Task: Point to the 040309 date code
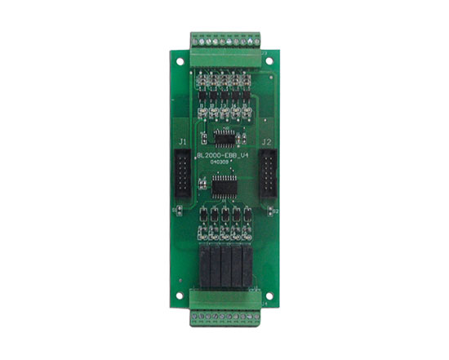click(219, 162)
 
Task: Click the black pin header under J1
click(182, 173)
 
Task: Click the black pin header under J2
click(266, 173)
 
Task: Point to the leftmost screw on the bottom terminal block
click(194, 317)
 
